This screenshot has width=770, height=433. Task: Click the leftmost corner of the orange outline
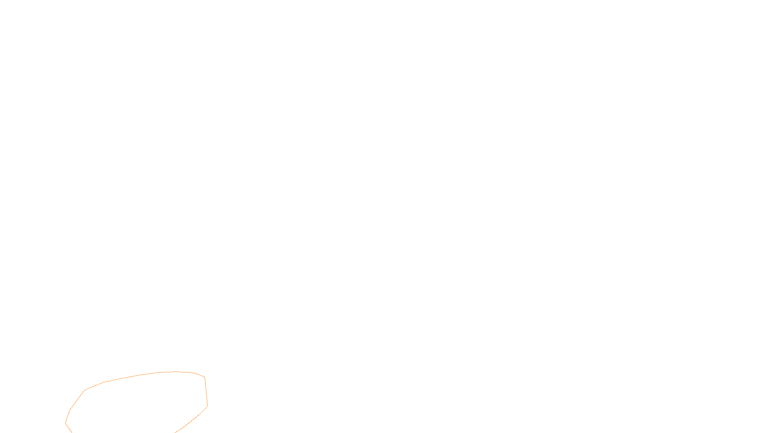tap(65, 423)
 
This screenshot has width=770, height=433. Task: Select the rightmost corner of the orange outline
tap(207, 406)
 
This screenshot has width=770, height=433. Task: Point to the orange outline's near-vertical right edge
tap(206, 392)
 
